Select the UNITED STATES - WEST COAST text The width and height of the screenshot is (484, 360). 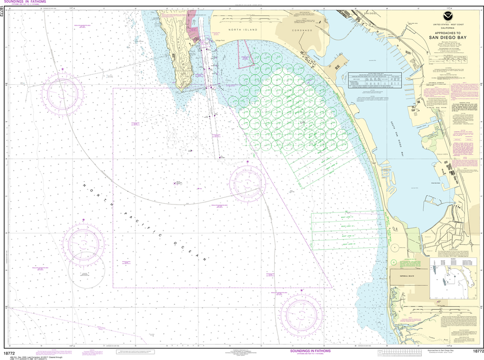[x=448, y=24]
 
